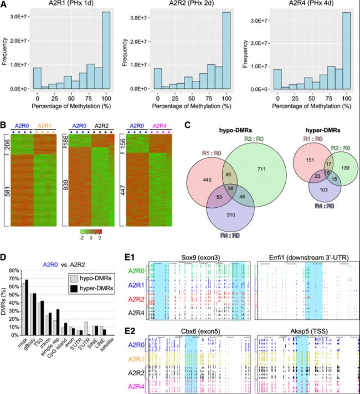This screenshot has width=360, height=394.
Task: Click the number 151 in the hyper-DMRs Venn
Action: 310,160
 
